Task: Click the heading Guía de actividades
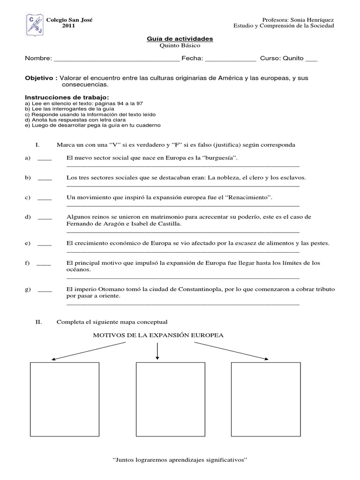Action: (x=180, y=39)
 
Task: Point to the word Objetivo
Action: (x=40, y=77)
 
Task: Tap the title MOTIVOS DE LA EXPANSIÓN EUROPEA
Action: (x=158, y=335)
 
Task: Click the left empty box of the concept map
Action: (x=65, y=397)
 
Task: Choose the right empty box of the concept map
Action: (x=265, y=397)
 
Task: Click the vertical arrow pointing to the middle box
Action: (x=157, y=351)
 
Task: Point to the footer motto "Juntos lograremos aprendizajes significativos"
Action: (x=180, y=460)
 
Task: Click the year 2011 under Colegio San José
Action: (x=68, y=26)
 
